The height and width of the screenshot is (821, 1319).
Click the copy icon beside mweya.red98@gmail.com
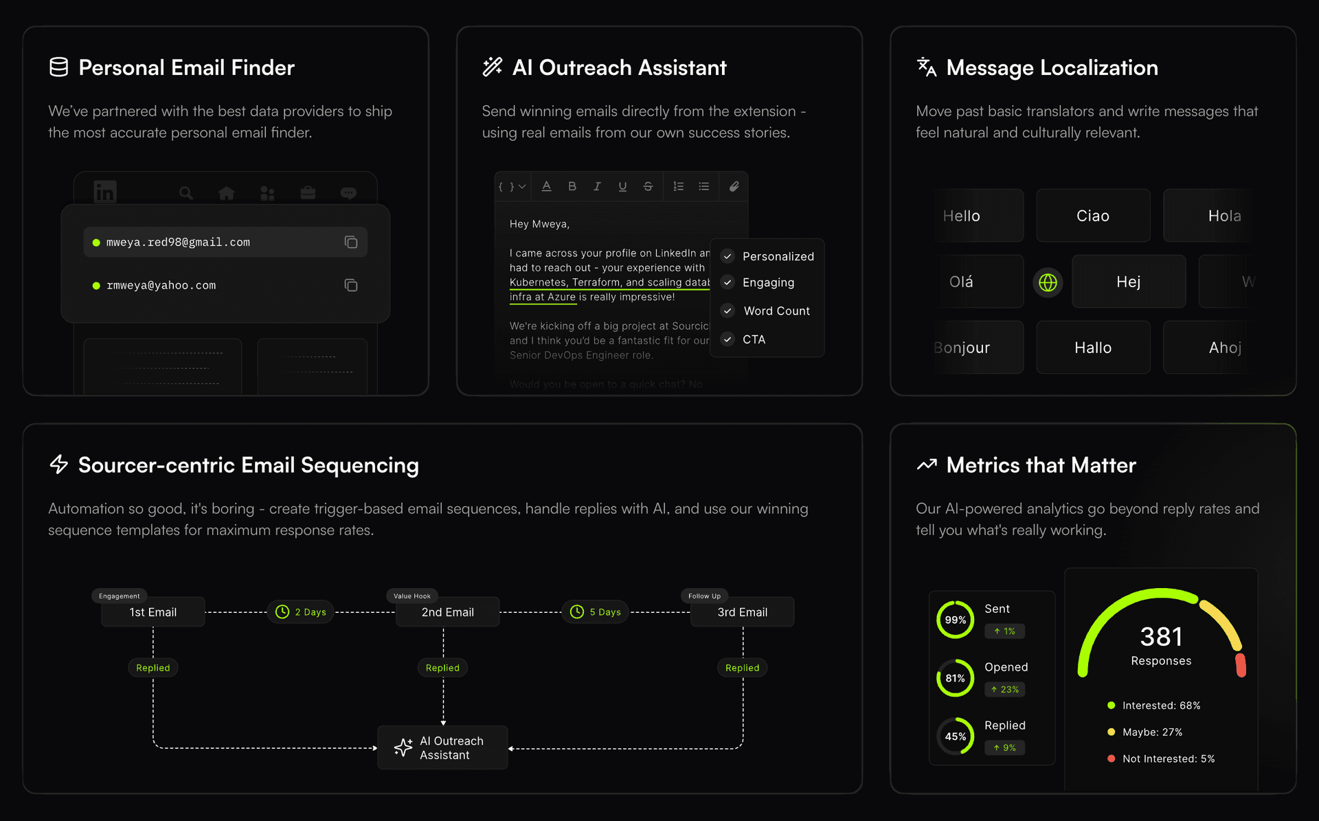tap(350, 242)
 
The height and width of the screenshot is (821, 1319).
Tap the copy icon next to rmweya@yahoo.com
tap(350, 285)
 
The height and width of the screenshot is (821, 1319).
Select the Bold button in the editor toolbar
tap(572, 186)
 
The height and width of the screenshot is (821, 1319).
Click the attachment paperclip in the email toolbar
tap(734, 186)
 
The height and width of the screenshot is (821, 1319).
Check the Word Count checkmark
tap(728, 311)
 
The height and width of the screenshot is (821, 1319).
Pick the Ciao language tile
tap(1092, 216)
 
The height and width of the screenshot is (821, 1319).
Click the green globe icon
tap(1048, 282)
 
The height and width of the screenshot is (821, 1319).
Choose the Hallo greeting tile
tap(1092, 348)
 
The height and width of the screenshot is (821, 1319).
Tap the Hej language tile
tap(1128, 282)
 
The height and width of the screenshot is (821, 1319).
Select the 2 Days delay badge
tap(301, 611)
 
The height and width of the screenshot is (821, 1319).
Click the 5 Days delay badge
tap(595, 611)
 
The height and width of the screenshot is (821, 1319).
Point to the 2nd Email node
tap(447, 612)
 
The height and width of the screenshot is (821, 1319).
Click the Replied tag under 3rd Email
tap(742, 668)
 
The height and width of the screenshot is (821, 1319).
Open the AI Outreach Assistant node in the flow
tap(442, 747)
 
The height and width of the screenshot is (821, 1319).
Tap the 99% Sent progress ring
tap(955, 620)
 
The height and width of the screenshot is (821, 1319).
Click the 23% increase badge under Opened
tap(1004, 689)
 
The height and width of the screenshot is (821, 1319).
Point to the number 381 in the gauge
tap(1161, 637)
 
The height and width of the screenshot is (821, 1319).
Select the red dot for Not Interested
tap(1111, 758)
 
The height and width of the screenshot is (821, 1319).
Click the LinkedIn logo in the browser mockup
tap(105, 192)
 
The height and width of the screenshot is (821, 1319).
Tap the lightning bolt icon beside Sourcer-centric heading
tap(59, 464)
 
